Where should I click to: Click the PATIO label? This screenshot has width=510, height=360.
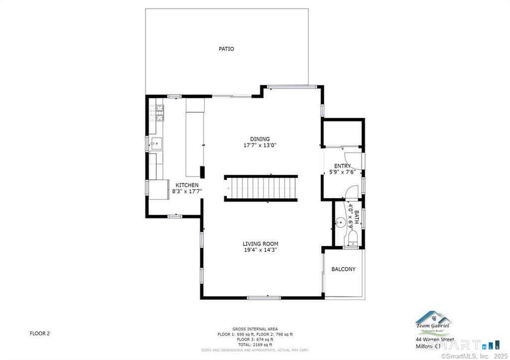tap(226, 49)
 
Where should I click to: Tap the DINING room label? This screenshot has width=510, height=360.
tap(259, 139)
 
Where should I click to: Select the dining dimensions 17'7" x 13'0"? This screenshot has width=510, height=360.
tap(259, 145)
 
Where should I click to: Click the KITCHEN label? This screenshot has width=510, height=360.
tap(187, 185)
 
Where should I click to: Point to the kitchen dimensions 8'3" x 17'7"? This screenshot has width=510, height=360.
tap(187, 191)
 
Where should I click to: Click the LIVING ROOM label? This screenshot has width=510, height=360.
tap(260, 243)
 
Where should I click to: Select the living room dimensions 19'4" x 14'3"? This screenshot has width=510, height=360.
tap(260, 250)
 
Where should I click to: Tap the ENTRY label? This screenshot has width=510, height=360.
tap(342, 166)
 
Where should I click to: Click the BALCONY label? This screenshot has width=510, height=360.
tap(344, 269)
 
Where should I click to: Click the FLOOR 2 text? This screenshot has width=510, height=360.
tap(39, 334)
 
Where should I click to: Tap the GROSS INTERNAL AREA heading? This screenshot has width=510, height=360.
tap(255, 329)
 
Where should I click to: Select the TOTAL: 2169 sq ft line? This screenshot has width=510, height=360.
tap(255, 345)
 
